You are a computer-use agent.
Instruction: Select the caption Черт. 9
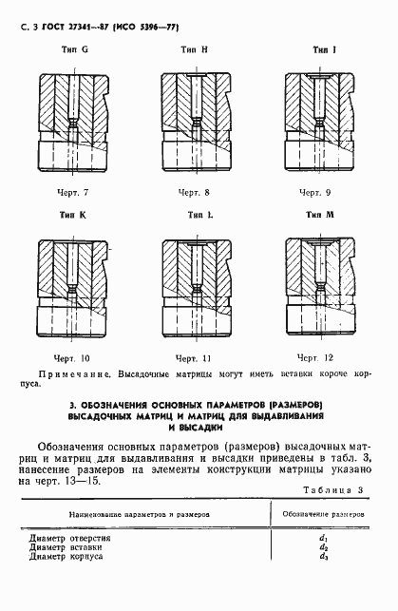click(x=317, y=193)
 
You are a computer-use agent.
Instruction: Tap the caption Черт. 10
click(x=72, y=358)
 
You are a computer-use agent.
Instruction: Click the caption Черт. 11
click(x=194, y=358)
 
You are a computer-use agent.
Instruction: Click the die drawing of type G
click(x=72, y=121)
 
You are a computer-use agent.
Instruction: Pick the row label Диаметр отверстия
click(x=70, y=538)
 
